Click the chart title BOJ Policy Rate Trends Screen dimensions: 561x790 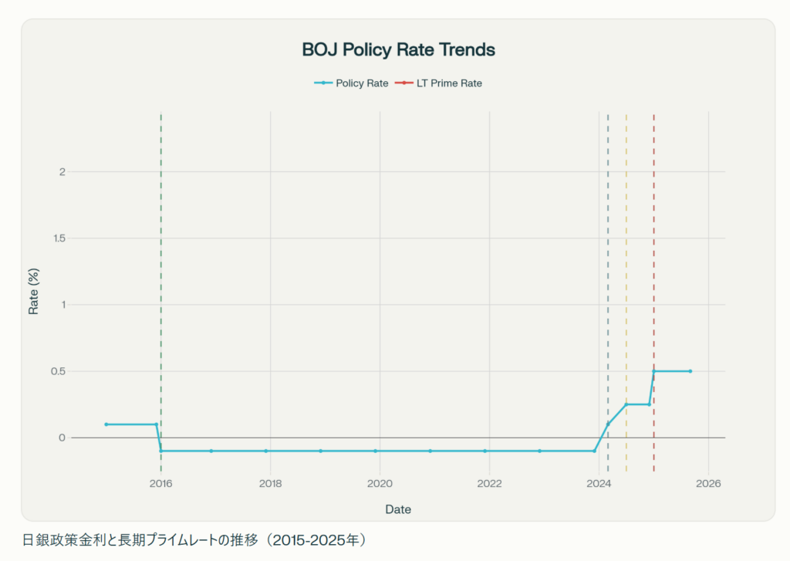398,50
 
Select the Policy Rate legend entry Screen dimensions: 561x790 351,83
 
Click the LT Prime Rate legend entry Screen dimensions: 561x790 438,83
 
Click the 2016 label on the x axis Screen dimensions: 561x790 160,484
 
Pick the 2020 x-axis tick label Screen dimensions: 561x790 380,484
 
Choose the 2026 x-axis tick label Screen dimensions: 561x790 708,484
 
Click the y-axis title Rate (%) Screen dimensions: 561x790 34,293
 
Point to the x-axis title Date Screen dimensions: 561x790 398,509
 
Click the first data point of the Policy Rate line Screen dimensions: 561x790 106,424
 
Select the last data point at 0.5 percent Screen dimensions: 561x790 690,371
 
